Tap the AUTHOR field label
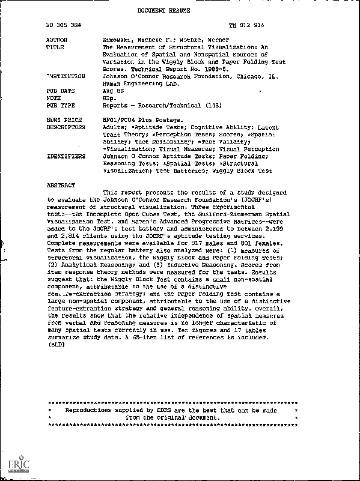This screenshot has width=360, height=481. pyautogui.click(x=56, y=40)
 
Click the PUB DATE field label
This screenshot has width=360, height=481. pyautogui.click(x=59, y=91)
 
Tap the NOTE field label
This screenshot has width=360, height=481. pyautogui.click(x=52, y=98)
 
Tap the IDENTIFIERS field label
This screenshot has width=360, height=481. pyautogui.click(x=65, y=156)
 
